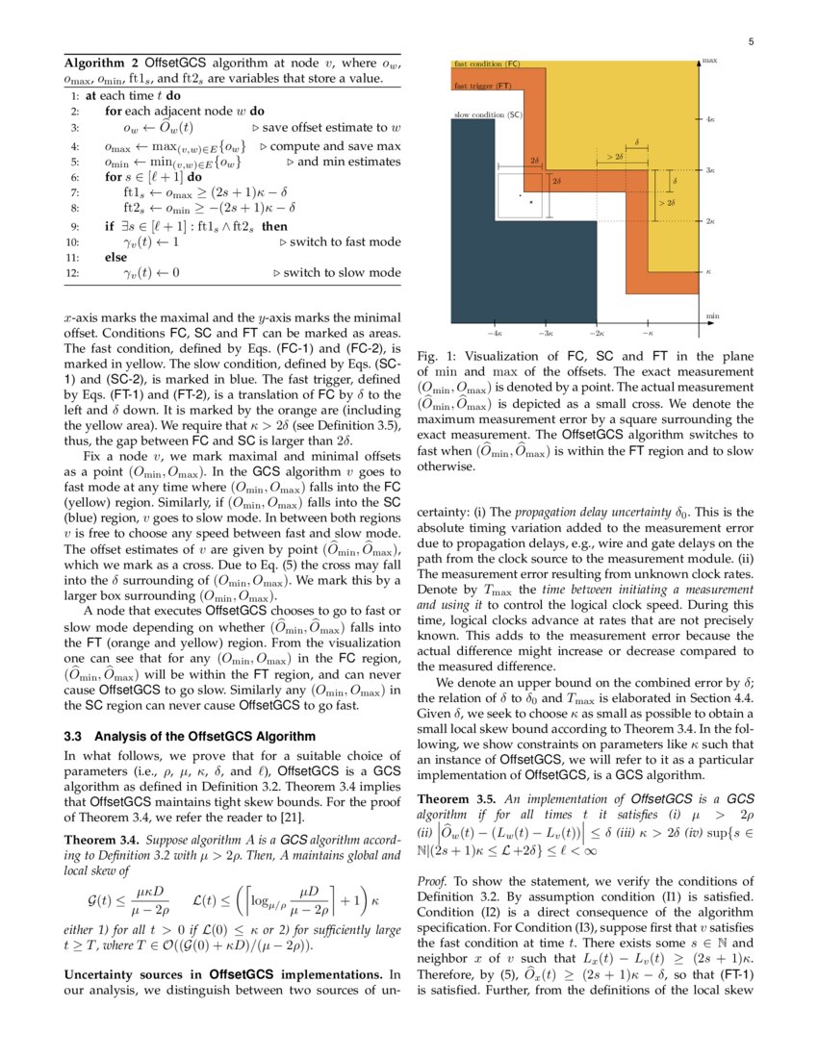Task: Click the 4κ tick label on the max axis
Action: [709, 120]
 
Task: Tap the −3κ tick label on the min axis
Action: [545, 332]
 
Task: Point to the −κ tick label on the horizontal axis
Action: [648, 332]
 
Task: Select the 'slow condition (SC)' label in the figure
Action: [488, 114]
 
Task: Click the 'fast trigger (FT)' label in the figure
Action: [482, 86]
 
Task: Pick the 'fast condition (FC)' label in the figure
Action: [486, 63]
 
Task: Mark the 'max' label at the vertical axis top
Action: [710, 61]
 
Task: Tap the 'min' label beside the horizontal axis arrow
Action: [712, 315]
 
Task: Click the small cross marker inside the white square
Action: [530, 203]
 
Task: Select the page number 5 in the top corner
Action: [750, 41]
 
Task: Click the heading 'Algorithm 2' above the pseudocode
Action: [94, 63]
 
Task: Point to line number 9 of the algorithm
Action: [75, 227]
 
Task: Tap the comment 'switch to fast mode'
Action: [345, 242]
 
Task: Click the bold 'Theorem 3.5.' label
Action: [456, 799]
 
